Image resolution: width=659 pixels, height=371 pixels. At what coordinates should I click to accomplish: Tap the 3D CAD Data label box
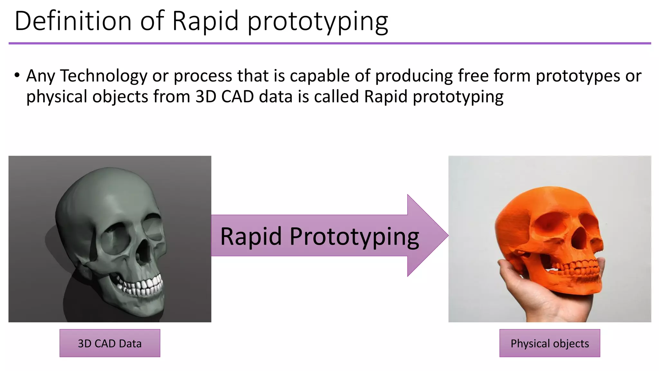point(110,343)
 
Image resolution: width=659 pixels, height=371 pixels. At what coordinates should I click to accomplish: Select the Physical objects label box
point(550,343)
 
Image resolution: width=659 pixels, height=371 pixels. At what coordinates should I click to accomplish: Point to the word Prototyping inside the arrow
point(354,237)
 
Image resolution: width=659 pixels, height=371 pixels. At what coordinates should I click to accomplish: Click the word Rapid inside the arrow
point(251,236)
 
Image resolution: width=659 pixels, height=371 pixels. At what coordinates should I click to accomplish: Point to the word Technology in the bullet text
point(104,76)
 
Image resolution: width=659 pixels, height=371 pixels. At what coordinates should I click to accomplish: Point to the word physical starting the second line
point(57,97)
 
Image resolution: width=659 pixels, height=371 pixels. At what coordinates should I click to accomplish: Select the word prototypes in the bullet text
point(578,76)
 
